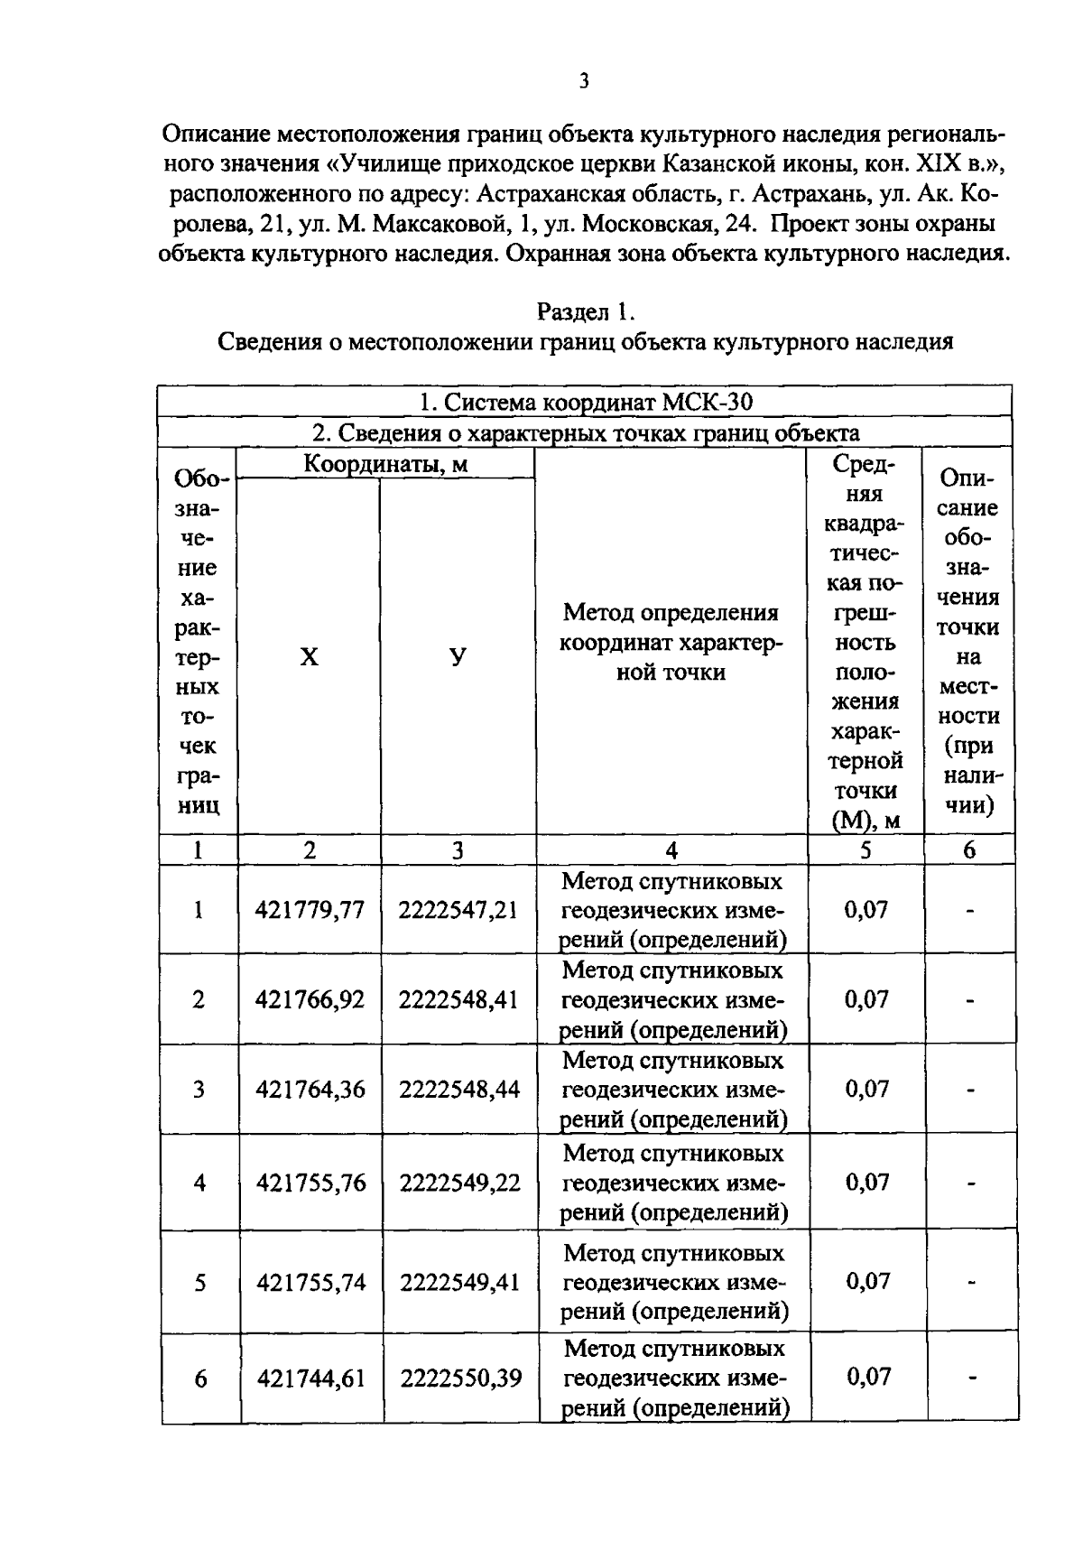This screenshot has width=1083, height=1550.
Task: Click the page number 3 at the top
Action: pyautogui.click(x=584, y=82)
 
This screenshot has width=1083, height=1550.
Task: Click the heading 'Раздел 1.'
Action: pyautogui.click(x=586, y=312)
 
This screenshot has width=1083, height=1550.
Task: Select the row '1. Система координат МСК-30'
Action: pyautogui.click(x=585, y=401)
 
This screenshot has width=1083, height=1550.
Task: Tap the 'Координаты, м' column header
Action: pyautogui.click(x=385, y=464)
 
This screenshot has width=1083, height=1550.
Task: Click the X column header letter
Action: pyautogui.click(x=309, y=657)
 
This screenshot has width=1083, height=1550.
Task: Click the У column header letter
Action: pyautogui.click(x=458, y=657)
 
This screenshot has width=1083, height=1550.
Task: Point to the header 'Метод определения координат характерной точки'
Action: pyautogui.click(x=671, y=642)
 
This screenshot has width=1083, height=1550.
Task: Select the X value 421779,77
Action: pyautogui.click(x=310, y=910)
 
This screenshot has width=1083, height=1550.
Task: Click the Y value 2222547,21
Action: pyautogui.click(x=458, y=910)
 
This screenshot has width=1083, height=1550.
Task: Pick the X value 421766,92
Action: pyautogui.click(x=310, y=1000)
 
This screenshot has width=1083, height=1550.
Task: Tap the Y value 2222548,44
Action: pyautogui.click(x=459, y=1090)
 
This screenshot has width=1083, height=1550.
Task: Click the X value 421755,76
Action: pyautogui.click(x=310, y=1183)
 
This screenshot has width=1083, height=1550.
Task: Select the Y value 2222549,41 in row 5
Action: pyautogui.click(x=459, y=1282)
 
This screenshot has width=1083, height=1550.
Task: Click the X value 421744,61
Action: pyautogui.click(x=311, y=1378)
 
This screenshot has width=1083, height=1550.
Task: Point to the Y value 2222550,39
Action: pyautogui.click(x=460, y=1378)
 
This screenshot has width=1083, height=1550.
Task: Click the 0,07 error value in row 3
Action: pyautogui.click(x=866, y=1090)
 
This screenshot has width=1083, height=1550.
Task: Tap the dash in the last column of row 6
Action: pyautogui.click(x=972, y=1378)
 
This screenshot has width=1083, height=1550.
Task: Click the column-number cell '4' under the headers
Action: pyautogui.click(x=671, y=850)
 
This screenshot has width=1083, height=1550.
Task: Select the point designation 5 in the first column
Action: pyautogui.click(x=199, y=1283)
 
